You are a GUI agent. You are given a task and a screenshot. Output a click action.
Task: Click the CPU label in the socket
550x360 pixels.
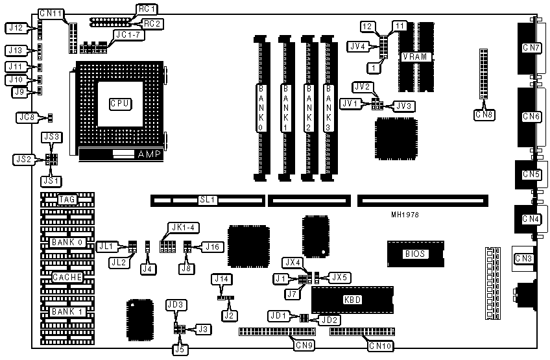[119, 103]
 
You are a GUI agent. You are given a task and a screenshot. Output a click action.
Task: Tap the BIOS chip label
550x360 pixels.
[414, 254]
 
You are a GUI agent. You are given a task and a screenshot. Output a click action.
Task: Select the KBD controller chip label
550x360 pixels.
[352, 300]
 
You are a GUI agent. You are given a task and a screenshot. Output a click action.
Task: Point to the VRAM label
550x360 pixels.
[414, 56]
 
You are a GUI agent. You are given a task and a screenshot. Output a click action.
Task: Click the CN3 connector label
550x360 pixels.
[523, 259]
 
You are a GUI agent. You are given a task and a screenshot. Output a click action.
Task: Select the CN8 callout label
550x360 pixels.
[484, 115]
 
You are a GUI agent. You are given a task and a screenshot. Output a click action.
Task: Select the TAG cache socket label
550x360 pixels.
[67, 199]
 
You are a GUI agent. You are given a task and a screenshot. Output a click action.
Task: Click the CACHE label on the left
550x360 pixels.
[67, 276]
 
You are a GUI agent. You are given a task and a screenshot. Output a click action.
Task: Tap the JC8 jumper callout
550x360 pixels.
[27, 117]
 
